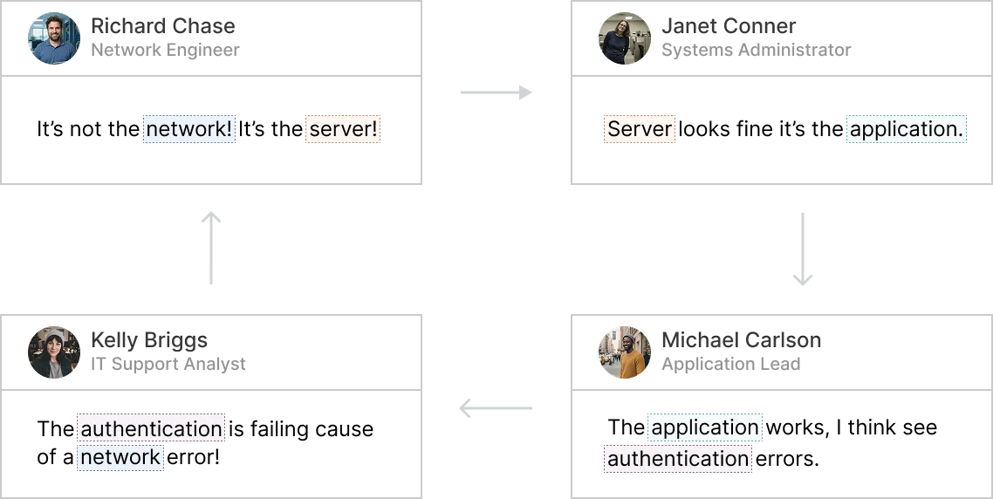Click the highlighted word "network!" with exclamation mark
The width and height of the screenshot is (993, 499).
[189, 130]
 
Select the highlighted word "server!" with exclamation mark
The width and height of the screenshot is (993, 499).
[343, 130]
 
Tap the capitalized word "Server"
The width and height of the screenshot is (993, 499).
[640, 130]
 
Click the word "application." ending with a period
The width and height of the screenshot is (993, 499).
[907, 130]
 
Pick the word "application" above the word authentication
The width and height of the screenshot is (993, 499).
[705, 427]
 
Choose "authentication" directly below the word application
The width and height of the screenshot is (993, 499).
[678, 459]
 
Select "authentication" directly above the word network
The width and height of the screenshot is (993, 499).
[152, 429]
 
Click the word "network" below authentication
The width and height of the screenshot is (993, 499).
[120, 457]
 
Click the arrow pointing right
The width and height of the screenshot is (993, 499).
[498, 93]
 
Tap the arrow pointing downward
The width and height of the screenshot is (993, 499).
[802, 247]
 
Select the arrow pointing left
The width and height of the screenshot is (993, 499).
[496, 407]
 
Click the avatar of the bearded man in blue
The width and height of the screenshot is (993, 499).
[54, 38]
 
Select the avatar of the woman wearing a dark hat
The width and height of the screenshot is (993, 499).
[54, 352]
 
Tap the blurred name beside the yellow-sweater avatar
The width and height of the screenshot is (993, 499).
[739, 338]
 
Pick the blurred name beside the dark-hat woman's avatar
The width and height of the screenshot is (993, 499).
[150, 338]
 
